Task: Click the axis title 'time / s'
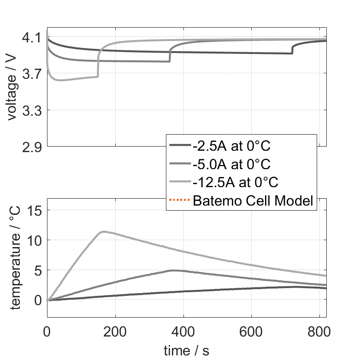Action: tap(186, 350)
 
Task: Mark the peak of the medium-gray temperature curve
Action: tap(172, 271)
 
